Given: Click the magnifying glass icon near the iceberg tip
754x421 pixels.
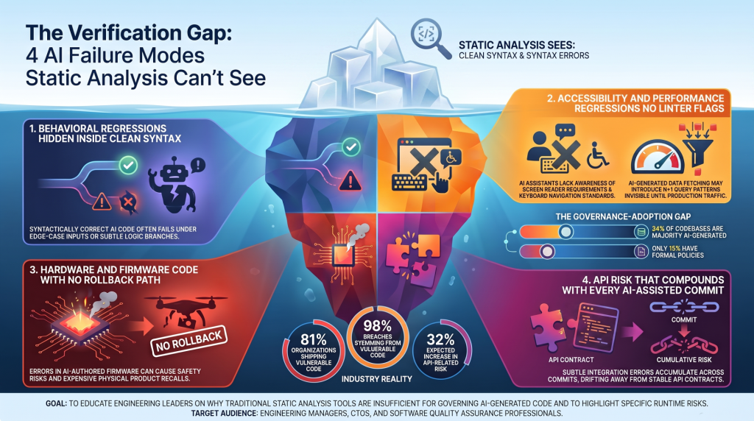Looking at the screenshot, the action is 429,37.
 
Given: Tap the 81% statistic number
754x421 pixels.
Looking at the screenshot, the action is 314,340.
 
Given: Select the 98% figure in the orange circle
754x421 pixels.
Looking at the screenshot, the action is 378,326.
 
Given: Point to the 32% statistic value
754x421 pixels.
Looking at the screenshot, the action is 440,339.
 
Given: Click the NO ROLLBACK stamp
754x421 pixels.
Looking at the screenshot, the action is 188,342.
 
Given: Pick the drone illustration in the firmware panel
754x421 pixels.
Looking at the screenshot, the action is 185,311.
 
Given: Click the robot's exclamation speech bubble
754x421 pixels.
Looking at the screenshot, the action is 197,166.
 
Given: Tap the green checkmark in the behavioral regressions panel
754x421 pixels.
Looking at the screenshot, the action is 128,166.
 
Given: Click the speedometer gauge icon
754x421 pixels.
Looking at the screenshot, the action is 657,157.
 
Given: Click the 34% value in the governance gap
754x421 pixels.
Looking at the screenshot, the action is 658,229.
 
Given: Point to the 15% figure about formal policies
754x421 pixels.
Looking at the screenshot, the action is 676,249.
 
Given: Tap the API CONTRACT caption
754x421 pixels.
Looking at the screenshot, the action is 571,359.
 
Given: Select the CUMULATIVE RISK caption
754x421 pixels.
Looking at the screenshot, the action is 684,359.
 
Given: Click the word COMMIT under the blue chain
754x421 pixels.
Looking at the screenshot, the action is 684,319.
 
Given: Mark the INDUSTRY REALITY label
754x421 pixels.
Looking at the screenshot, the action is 376,379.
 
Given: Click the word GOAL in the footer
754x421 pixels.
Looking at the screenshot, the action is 56,403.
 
